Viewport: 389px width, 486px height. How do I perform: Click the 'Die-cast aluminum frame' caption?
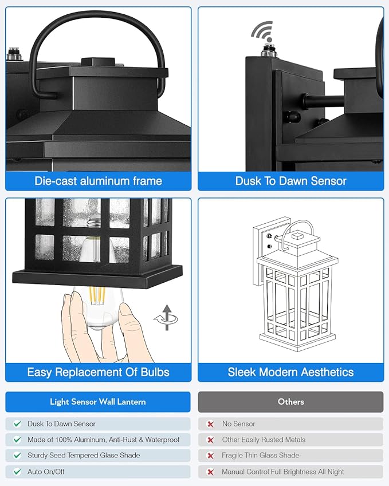pos(98,181)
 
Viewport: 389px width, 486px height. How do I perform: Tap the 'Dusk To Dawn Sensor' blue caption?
pos(290,181)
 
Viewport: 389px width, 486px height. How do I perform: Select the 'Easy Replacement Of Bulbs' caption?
pos(98,372)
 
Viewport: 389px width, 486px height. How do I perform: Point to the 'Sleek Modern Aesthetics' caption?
pos(290,372)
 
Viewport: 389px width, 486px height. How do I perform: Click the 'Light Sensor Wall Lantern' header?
pos(98,402)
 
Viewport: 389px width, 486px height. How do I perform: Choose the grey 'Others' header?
pos(290,402)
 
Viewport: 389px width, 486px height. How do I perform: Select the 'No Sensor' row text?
pos(238,424)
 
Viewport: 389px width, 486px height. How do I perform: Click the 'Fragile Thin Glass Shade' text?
pos(261,456)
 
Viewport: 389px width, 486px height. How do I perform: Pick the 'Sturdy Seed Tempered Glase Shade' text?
pos(84,456)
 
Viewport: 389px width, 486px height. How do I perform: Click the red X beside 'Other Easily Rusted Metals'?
pos(210,440)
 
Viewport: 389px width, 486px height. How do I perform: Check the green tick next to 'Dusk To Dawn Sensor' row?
pos(17,424)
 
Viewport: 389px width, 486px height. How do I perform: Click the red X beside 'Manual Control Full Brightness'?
pos(210,472)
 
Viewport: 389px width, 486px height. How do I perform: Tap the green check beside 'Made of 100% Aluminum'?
pos(17,440)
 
